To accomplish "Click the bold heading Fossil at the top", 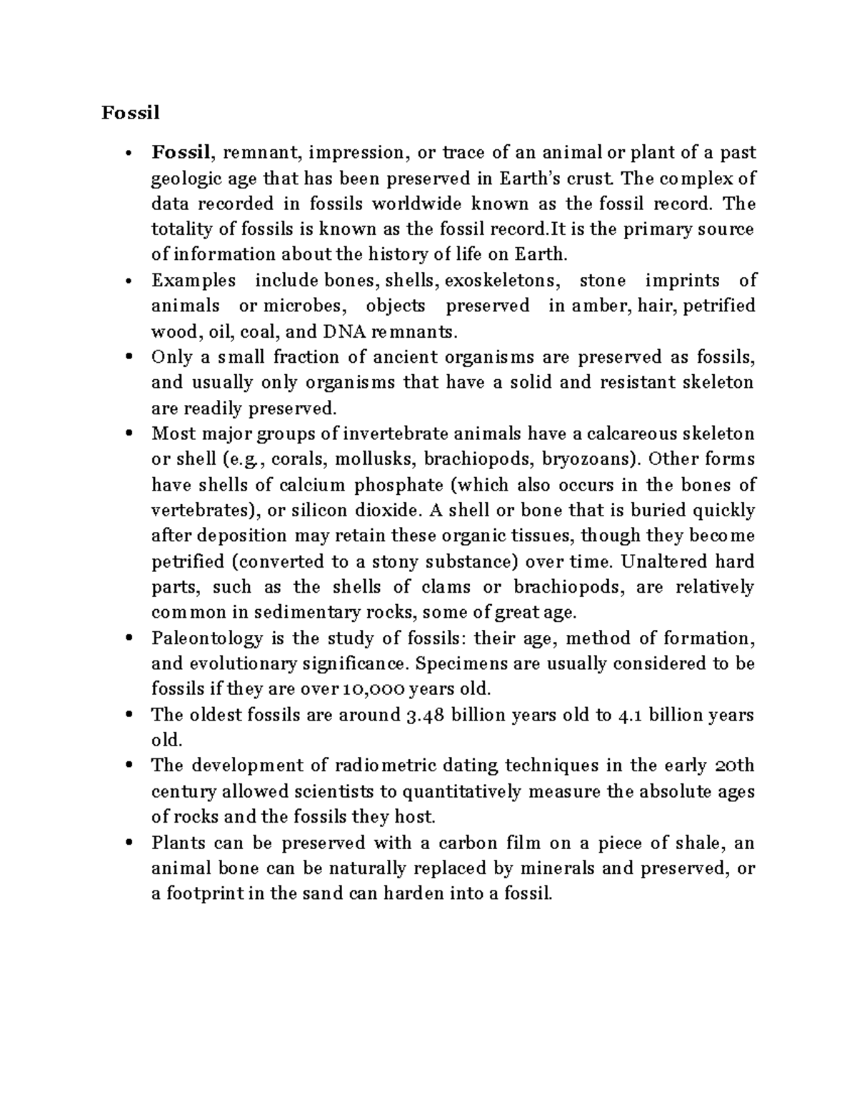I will click(130, 113).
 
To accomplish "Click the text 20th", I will click(735, 766).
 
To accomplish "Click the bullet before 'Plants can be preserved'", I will click(129, 843).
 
